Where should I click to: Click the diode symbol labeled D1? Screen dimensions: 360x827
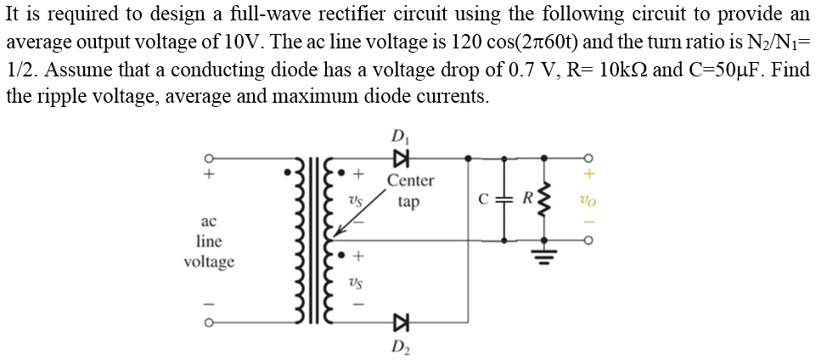tap(399, 158)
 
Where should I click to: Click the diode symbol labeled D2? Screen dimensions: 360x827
tap(399, 322)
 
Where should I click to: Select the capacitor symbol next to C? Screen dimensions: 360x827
tap(506, 201)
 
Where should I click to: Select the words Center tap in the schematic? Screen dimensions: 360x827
tap(410, 191)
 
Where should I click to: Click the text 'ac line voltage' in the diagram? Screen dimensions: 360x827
tap(209, 241)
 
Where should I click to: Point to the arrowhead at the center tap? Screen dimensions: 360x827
tap(337, 232)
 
